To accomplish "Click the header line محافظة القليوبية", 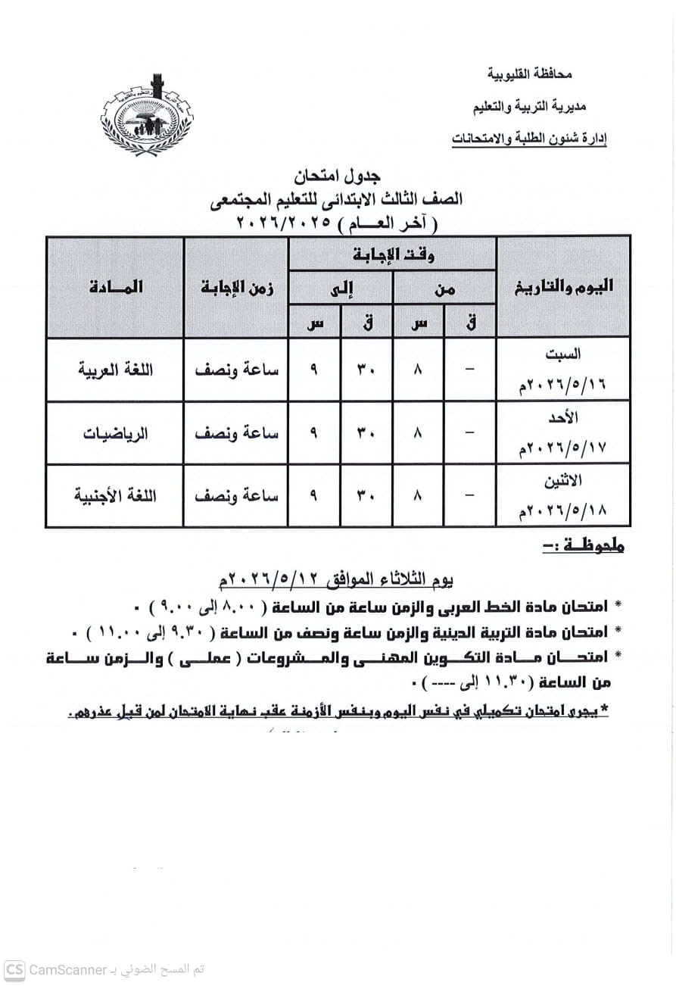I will pos(529,74).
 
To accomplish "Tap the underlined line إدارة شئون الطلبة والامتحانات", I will pos(529,139).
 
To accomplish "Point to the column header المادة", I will pos(115,287).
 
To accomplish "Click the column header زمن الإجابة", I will pos(236,287).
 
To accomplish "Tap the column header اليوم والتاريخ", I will pos(563,286).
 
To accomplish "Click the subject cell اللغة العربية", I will pos(116,370).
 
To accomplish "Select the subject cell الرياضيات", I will pos(116,433).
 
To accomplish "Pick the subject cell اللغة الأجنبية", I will pos(116,496).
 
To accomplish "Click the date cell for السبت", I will pos(563,370).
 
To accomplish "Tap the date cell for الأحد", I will pos(563,433).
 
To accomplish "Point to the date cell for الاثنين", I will pos(563,496).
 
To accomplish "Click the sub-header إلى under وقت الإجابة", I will pos(341,288).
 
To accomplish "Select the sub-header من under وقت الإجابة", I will pos(444,288).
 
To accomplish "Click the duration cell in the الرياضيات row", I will pos(236,433).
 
